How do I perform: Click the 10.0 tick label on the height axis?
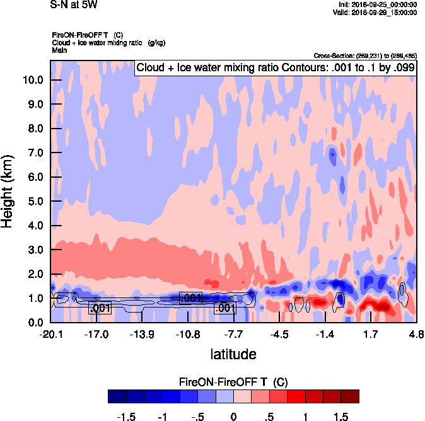click(x=33, y=80)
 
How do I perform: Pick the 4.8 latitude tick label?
click(x=415, y=333)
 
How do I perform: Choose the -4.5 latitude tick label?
click(x=279, y=333)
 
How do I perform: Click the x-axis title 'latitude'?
click(x=233, y=354)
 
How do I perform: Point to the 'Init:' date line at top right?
click(x=377, y=4)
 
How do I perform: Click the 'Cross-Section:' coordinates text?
click(x=364, y=56)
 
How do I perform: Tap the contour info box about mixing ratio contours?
click(x=276, y=67)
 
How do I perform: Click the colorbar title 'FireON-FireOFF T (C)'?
click(x=233, y=382)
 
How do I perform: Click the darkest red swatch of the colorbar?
click(x=349, y=396)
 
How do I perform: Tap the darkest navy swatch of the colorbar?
click(x=117, y=396)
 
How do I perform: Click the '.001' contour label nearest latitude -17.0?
click(x=100, y=308)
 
